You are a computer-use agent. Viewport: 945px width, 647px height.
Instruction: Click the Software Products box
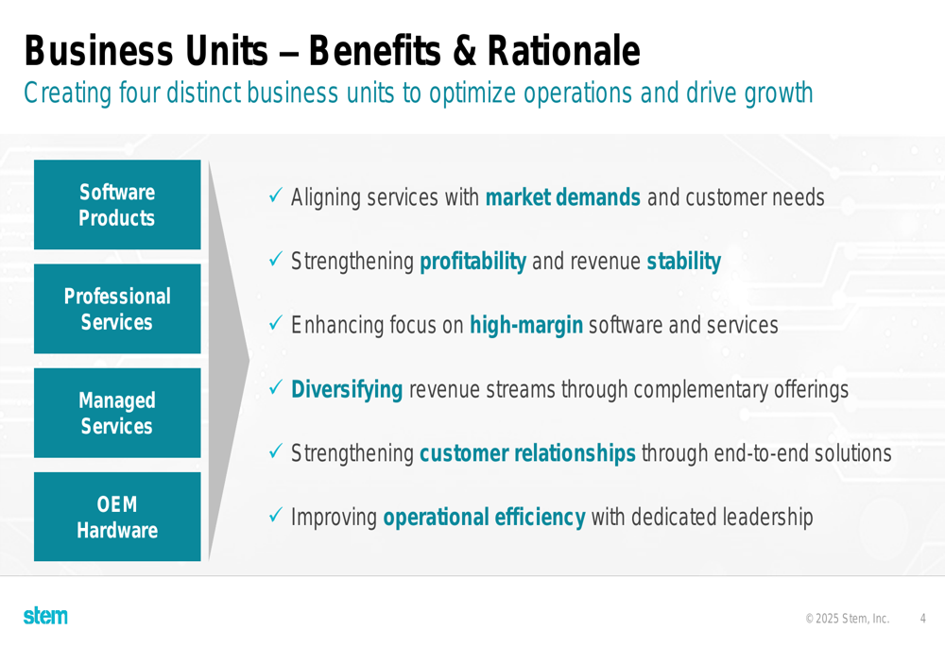(117, 205)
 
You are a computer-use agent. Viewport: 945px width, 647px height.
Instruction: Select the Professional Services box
(117, 309)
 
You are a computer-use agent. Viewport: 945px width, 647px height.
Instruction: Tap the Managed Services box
(117, 413)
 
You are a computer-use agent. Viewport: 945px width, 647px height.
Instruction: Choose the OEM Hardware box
(117, 517)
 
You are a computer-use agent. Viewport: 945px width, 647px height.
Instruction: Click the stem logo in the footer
(45, 616)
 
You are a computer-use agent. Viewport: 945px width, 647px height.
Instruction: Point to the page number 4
(922, 618)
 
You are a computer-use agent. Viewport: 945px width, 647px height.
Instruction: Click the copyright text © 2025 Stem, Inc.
(848, 619)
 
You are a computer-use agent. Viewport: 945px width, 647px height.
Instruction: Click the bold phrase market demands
(563, 197)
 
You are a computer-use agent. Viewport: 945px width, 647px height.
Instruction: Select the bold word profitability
(473, 262)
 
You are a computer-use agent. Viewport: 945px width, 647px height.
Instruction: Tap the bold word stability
(684, 262)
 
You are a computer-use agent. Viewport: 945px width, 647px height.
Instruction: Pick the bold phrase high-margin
(526, 326)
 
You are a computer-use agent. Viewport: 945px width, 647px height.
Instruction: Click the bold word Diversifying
(347, 390)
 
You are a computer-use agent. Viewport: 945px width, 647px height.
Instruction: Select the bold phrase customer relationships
(528, 453)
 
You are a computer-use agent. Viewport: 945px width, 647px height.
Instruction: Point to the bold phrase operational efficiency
(485, 518)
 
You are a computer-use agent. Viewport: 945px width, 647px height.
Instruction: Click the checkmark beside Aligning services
(275, 196)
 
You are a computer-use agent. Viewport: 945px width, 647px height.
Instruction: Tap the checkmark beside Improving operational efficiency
(275, 515)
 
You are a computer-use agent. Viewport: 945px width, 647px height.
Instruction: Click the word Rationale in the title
(563, 51)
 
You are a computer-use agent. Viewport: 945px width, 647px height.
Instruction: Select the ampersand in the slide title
(464, 51)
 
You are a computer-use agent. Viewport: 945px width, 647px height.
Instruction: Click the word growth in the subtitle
(779, 94)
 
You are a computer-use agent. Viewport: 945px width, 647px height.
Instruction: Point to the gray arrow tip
(249, 361)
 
